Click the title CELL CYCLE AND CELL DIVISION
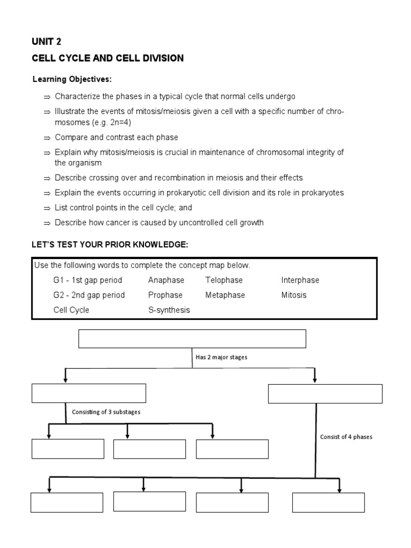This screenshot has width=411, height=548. tap(108, 58)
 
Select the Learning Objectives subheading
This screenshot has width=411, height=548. tap(72, 79)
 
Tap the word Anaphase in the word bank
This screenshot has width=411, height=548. tap(166, 280)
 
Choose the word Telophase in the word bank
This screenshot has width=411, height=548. tap(224, 280)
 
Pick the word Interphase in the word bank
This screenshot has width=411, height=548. tap(300, 280)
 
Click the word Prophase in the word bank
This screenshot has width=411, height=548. tap(165, 295)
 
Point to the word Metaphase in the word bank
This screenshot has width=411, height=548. tap(225, 295)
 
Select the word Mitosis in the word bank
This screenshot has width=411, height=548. tap(294, 295)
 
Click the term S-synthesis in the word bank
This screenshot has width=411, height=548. tap(169, 310)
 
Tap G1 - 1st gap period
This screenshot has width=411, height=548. tap(88, 280)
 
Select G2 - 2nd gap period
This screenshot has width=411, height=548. tap(89, 295)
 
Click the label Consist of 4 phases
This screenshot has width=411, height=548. tap(346, 437)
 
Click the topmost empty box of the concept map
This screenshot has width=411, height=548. tap(192, 339)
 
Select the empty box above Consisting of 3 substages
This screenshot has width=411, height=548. tap(89, 393)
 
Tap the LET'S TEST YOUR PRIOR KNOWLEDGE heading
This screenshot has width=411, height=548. tap(110, 245)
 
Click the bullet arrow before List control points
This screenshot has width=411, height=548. tap(47, 208)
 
